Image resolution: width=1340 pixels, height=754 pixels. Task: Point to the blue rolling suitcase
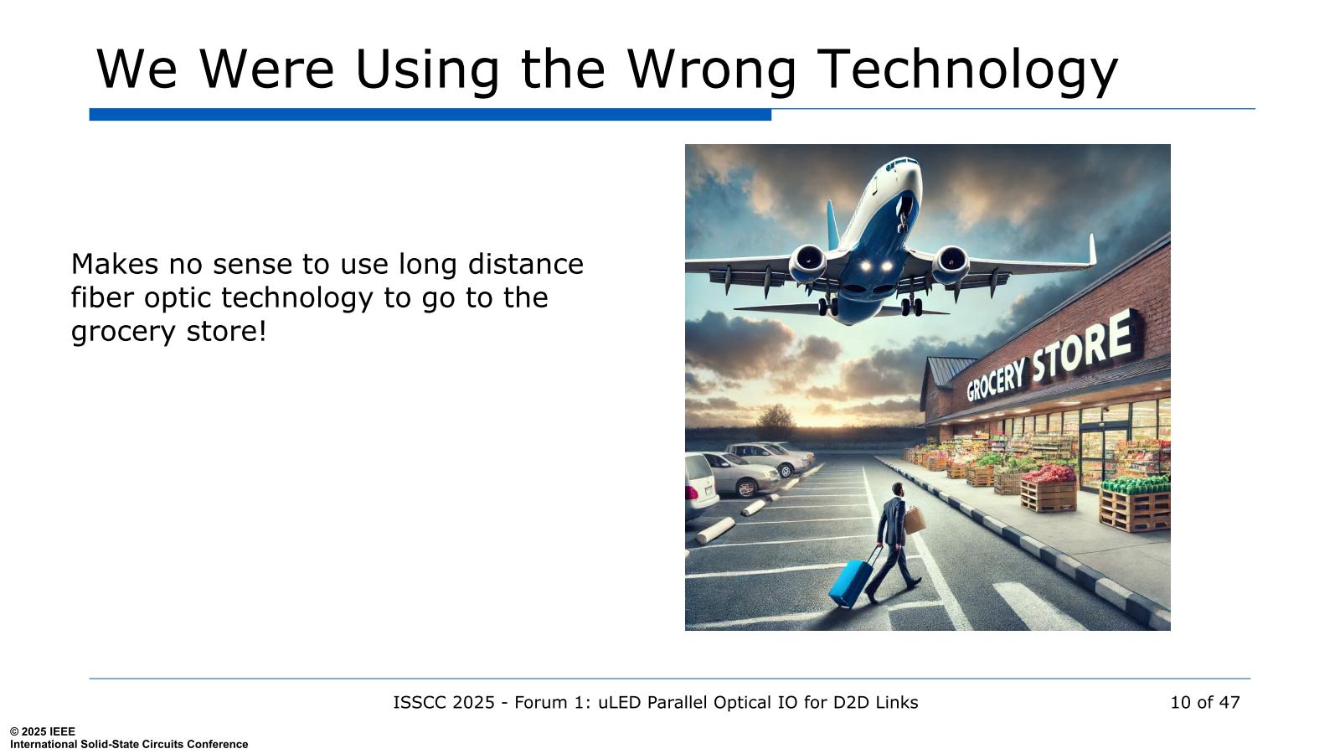[851, 581]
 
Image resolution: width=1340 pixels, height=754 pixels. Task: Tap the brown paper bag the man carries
[915, 519]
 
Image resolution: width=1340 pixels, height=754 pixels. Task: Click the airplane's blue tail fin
[833, 225]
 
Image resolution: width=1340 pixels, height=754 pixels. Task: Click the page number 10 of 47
[1205, 702]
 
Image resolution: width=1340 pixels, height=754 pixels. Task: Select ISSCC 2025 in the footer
[444, 702]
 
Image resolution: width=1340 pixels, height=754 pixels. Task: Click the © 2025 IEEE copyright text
[43, 731]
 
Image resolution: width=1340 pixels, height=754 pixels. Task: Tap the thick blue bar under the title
[430, 114]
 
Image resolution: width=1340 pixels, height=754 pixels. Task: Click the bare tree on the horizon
[776, 420]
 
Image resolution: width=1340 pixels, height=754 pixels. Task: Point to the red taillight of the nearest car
[693, 493]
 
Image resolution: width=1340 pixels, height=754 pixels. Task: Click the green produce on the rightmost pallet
[1136, 483]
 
